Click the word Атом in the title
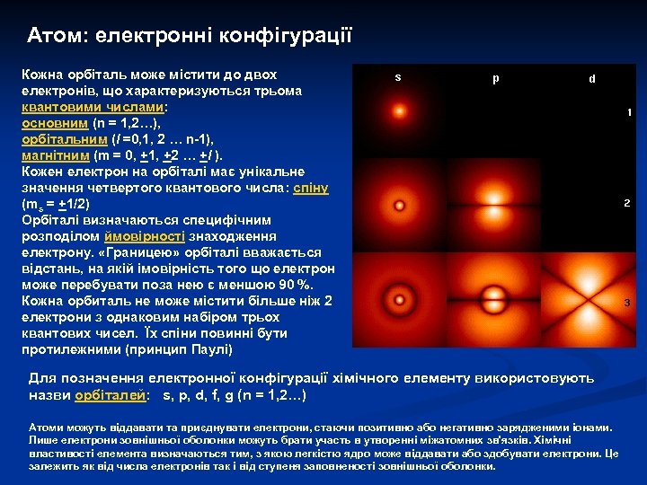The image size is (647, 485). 56,36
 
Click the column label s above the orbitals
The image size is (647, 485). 398,77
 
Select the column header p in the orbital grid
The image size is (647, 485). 496,78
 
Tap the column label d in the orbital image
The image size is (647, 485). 591,79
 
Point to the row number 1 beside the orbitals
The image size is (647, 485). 629,113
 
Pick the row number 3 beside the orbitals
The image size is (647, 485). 627,303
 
